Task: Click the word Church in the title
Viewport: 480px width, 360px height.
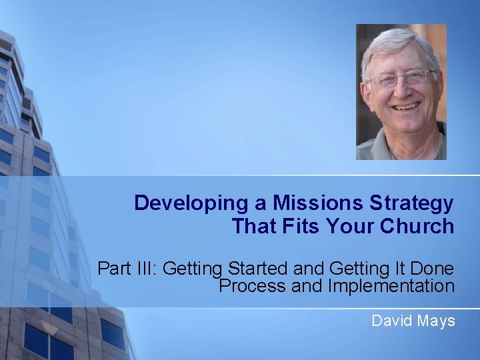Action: (417, 227)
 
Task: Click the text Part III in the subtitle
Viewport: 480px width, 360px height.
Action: (127, 269)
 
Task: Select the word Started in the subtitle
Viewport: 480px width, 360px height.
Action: (255, 269)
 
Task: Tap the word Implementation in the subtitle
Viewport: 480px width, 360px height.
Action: (391, 286)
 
